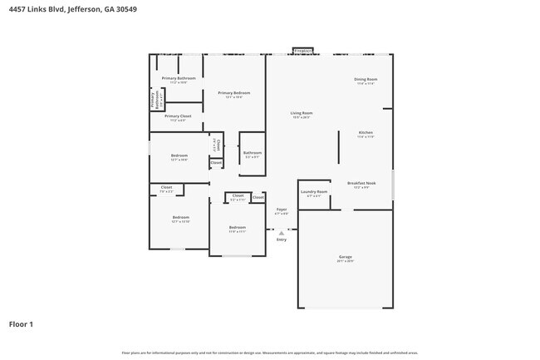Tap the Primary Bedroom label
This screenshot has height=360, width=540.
(x=233, y=93)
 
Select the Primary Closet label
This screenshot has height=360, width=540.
(x=177, y=116)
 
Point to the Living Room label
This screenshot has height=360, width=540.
(x=301, y=113)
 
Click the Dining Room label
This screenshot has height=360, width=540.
(x=366, y=80)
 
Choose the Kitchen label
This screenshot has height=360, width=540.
(x=366, y=133)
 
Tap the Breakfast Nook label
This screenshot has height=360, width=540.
(x=361, y=183)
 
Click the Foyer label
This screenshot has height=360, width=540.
(x=282, y=210)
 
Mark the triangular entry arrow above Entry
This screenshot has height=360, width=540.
(x=282, y=233)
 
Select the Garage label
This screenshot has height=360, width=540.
(x=345, y=258)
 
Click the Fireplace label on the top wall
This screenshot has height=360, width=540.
(x=302, y=51)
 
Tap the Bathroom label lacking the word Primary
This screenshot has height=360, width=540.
(x=253, y=153)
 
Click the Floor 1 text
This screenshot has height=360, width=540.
(x=21, y=323)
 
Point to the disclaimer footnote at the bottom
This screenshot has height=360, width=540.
(x=269, y=353)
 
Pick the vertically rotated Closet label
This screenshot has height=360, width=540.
(x=217, y=145)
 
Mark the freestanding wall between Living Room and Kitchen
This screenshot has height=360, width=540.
(x=338, y=146)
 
